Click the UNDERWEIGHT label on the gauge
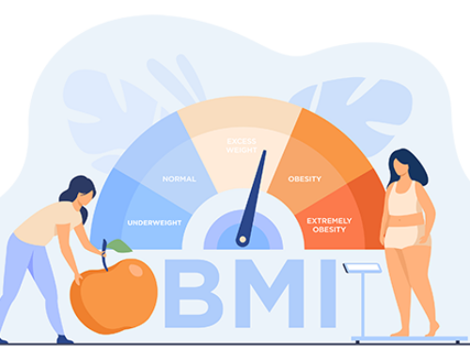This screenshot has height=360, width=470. pos(149,223)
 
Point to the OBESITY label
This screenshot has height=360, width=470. pos(304,179)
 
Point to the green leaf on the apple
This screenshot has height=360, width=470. pos(119,245)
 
